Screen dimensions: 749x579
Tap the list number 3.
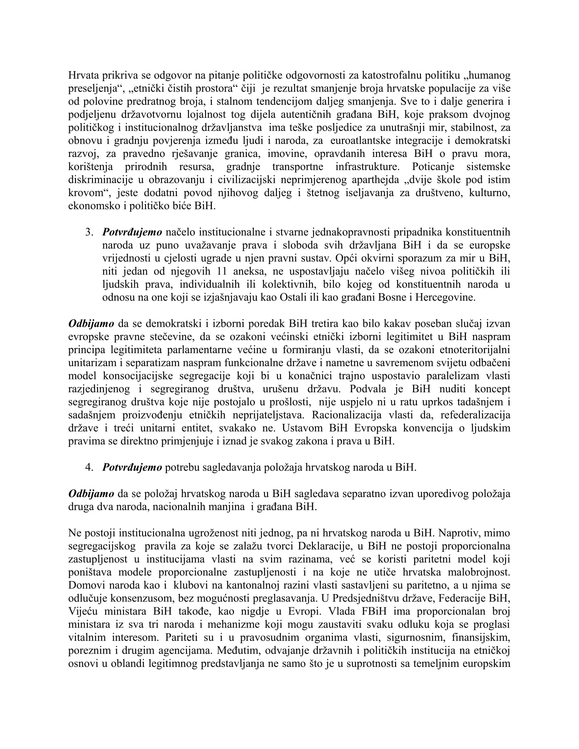[89, 232]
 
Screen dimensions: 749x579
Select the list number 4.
[89, 467]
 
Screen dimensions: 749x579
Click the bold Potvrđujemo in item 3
[132, 232]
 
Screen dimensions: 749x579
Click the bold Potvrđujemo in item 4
[132, 467]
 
